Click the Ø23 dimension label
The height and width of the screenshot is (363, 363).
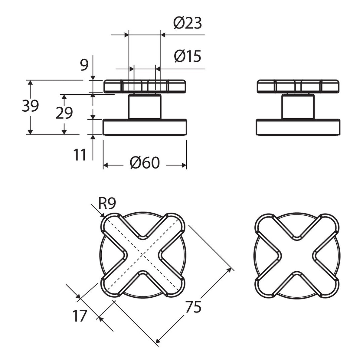[188, 23]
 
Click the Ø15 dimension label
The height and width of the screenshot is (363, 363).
[188, 56]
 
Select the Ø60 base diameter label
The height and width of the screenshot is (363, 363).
[145, 163]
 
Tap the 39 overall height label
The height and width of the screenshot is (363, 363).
[30, 106]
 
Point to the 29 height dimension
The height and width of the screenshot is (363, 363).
[64, 113]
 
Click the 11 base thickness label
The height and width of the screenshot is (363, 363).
[80, 155]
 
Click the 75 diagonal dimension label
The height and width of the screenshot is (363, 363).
[194, 307]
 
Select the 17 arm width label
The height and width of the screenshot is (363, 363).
[80, 316]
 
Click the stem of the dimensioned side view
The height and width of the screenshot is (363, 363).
[145, 106]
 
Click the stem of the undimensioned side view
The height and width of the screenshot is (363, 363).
[298, 106]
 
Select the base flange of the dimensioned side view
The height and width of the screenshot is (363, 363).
[145, 127]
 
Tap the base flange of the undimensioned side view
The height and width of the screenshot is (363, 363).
[298, 127]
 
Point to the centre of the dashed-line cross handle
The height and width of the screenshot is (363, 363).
[142, 256]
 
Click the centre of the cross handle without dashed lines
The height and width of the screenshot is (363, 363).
[297, 256]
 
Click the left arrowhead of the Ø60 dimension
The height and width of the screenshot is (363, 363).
[106, 165]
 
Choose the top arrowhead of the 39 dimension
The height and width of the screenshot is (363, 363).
[30, 83]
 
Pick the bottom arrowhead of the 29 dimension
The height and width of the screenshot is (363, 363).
[64, 132]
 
